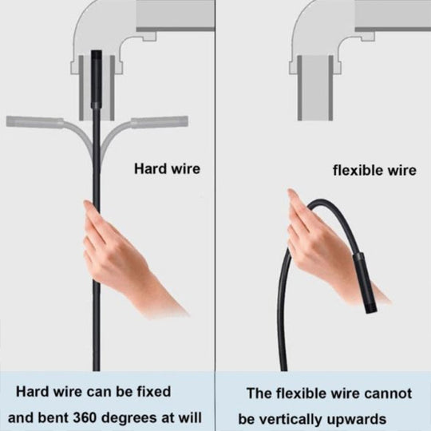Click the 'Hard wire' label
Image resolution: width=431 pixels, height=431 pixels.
coord(167,168)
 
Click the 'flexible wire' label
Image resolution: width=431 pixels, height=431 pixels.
coord(374,170)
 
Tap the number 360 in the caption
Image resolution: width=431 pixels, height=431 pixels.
coord(85,417)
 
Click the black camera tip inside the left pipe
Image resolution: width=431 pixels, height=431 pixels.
coord(97,78)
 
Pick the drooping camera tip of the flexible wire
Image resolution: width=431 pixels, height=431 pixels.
coord(365,283)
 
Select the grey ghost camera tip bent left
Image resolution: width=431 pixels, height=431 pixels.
coord(34,122)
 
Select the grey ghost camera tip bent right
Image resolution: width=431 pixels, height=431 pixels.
coord(160,122)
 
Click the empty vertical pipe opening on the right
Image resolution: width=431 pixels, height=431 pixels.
coord(315,88)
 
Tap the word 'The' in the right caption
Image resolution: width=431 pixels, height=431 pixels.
coord(259,393)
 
